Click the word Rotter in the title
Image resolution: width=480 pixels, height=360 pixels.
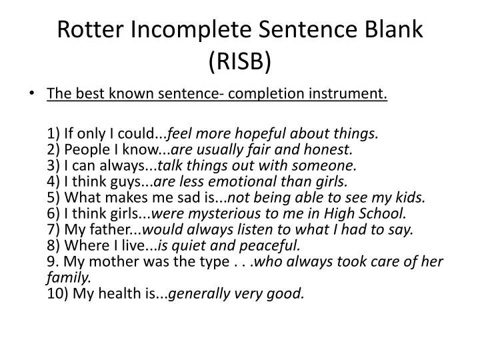pos(90,30)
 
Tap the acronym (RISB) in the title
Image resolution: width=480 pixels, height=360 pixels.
pos(240,61)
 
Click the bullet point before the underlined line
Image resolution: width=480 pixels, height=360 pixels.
pos(31,93)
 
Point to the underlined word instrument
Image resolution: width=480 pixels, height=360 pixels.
pos(348,93)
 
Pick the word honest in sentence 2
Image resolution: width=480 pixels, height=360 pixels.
pos(327,149)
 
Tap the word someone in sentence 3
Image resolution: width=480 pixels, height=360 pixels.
pos(324,165)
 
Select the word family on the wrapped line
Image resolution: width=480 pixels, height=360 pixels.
pos(69,277)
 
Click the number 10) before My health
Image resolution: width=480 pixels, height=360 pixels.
pos(57,293)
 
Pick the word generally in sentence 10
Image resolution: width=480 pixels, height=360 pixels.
pos(199,294)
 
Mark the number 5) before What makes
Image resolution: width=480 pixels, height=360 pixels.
pos(53,197)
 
